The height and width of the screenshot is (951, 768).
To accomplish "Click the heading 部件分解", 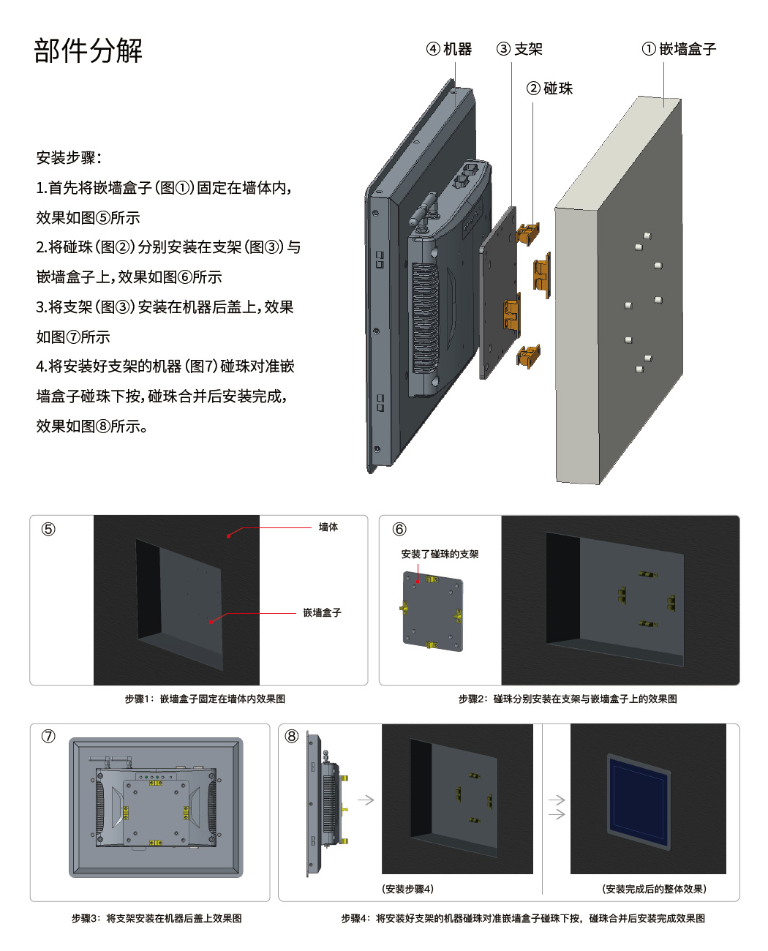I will [x=89, y=51].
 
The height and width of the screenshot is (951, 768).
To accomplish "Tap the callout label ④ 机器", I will [x=449, y=49].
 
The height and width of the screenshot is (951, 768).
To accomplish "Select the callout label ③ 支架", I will [x=519, y=49].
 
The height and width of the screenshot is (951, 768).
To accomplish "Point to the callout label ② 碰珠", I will [x=549, y=89].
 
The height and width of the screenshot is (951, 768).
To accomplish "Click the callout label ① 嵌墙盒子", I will [x=679, y=49].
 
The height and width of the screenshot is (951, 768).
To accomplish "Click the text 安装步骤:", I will [x=69, y=158].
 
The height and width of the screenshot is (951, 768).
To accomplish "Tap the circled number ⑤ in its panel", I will [x=48, y=529].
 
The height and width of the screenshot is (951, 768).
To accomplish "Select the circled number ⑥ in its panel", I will [x=399, y=529].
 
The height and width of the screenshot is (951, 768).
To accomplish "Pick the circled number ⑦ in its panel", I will [x=48, y=736].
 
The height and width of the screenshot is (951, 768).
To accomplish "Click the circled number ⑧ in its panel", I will [x=292, y=736].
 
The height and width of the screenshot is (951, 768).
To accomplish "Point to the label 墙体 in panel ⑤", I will [x=328, y=527].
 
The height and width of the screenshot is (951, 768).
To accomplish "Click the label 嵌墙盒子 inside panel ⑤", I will [x=322, y=613].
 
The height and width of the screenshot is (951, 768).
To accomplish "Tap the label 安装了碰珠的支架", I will [x=440, y=555].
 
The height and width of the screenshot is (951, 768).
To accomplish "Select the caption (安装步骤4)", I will [x=407, y=889].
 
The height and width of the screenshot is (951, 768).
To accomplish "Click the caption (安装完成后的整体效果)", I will [x=654, y=889].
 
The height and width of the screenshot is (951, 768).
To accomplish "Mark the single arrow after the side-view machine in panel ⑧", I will [x=366, y=800].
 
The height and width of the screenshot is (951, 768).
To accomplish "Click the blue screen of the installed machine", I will [x=639, y=801].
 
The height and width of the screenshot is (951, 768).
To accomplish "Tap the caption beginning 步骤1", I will [x=205, y=699].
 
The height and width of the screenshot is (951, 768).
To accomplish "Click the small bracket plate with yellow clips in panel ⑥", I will [x=432, y=612].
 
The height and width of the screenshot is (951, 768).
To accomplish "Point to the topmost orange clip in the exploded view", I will [x=528, y=233].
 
